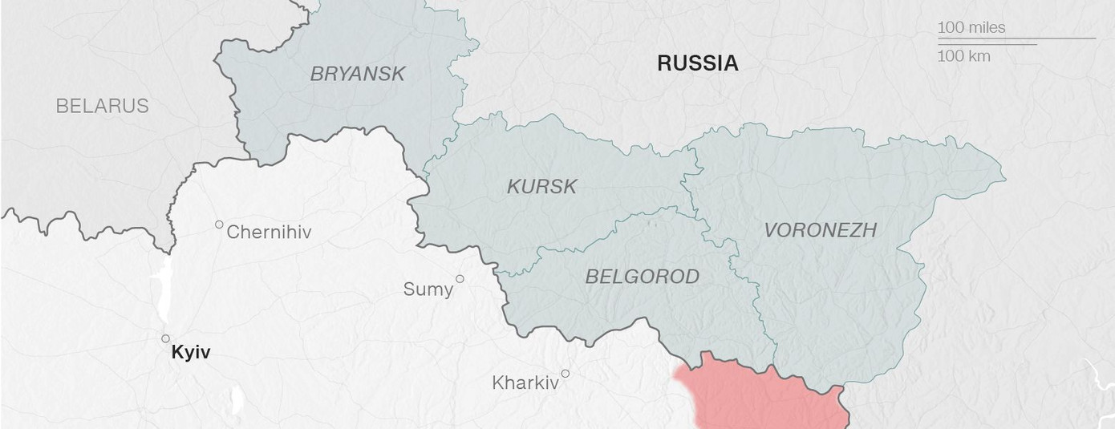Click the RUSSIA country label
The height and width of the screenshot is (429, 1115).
697,63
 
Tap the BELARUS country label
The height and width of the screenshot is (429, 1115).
102,106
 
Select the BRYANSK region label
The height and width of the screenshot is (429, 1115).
358,74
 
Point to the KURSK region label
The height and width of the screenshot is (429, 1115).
541,187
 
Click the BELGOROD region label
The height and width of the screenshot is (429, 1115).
642,277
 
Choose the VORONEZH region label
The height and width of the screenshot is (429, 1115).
820,230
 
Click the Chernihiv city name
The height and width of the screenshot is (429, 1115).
269,233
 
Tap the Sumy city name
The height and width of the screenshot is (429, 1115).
428,289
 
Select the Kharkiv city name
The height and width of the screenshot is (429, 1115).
525,383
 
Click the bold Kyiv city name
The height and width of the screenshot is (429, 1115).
191,352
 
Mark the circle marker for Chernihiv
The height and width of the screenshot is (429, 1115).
219,225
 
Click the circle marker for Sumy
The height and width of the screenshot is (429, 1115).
460,279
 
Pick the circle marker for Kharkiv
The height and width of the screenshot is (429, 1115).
566,374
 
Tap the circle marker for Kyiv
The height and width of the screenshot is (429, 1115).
166,338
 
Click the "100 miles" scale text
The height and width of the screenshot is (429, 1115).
971,27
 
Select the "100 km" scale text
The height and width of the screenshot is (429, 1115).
963,56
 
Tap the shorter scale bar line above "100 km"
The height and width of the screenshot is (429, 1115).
987,44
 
